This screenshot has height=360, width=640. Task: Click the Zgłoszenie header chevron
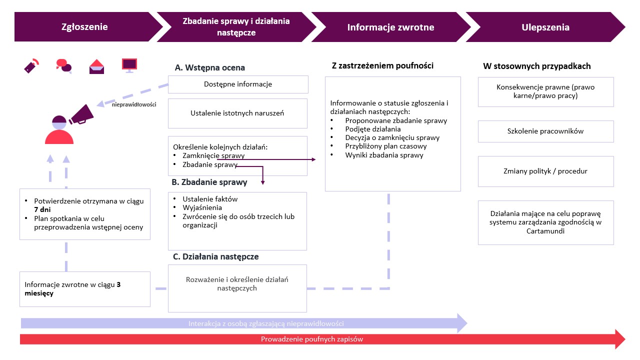(x=84, y=27)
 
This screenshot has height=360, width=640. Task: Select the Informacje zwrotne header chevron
(x=390, y=27)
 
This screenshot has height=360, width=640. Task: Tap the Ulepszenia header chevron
(x=545, y=27)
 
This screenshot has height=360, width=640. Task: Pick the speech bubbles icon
(x=63, y=65)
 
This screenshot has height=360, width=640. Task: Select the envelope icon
(x=96, y=66)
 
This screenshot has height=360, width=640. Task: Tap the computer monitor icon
(x=129, y=65)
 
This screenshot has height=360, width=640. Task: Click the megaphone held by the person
(x=81, y=114)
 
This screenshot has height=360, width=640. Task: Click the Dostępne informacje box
(x=238, y=84)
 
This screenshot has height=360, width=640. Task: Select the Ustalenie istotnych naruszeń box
(x=237, y=113)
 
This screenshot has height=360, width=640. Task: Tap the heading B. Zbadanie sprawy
(x=209, y=182)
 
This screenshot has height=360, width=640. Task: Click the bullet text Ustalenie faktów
(x=210, y=198)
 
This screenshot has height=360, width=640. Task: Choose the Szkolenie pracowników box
(x=545, y=131)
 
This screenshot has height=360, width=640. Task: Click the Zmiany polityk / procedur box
(x=545, y=171)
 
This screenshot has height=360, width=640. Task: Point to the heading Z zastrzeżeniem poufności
(x=382, y=65)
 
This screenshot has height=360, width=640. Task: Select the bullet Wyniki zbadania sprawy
(x=384, y=155)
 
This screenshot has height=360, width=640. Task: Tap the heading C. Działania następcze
(x=215, y=256)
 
